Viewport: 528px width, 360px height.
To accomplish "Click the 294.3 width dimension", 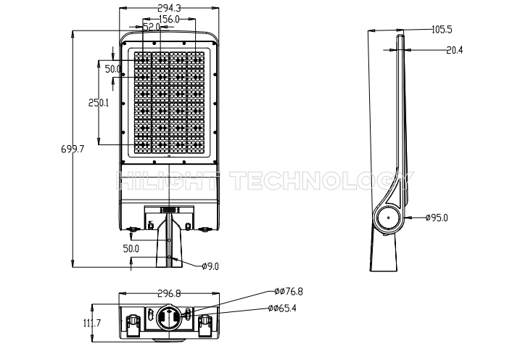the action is point(169,8).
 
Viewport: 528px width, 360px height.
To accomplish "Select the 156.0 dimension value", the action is point(169,19).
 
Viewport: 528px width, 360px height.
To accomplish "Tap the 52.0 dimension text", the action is point(152,27).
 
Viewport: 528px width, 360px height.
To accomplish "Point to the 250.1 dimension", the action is point(99,102).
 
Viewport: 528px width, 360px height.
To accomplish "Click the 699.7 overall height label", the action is point(73,149).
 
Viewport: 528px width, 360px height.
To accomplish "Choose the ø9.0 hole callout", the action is point(210,266).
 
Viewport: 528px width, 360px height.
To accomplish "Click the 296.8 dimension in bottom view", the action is point(169,294).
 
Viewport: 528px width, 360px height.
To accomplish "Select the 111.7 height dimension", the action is point(92,323).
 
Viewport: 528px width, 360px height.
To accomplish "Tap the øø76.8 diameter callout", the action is point(289,291).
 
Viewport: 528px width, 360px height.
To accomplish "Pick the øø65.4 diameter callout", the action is point(283,308).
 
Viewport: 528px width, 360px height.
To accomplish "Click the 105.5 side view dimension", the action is point(442,30).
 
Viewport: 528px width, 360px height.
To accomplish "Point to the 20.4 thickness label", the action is point(455,50).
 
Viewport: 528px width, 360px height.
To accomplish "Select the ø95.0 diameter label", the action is point(437,218).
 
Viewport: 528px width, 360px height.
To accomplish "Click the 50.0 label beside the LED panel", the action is point(113,69).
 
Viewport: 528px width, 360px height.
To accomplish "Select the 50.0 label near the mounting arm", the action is point(131,249).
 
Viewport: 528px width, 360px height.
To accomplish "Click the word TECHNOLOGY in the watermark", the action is point(323,180).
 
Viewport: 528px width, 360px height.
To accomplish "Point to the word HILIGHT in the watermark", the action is point(168,180).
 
